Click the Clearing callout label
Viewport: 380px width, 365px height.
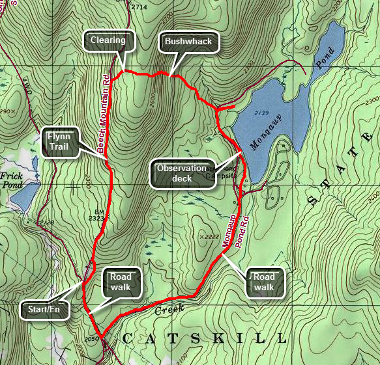point(108,40)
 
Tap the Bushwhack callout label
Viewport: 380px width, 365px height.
point(188,42)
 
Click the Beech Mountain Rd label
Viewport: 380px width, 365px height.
point(104,114)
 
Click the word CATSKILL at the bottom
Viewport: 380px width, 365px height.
point(203,338)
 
